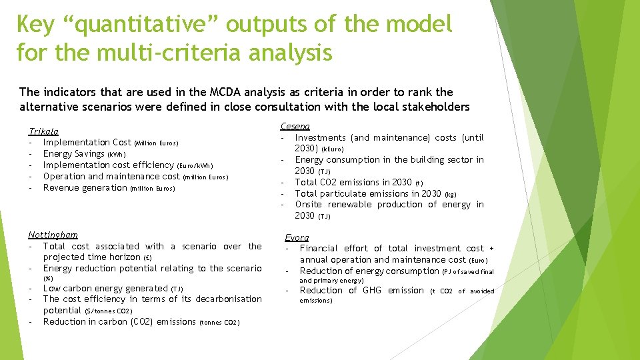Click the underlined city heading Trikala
pyautogui.click(x=43, y=131)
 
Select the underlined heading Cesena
pyautogui.click(x=295, y=126)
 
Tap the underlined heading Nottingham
pyautogui.click(x=53, y=235)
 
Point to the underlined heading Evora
pyautogui.click(x=297, y=237)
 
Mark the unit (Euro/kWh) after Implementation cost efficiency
pyautogui.click(x=195, y=166)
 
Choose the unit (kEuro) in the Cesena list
pyautogui.click(x=332, y=149)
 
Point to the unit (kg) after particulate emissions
pyautogui.click(x=450, y=194)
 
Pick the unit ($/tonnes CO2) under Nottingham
pyautogui.click(x=109, y=311)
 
